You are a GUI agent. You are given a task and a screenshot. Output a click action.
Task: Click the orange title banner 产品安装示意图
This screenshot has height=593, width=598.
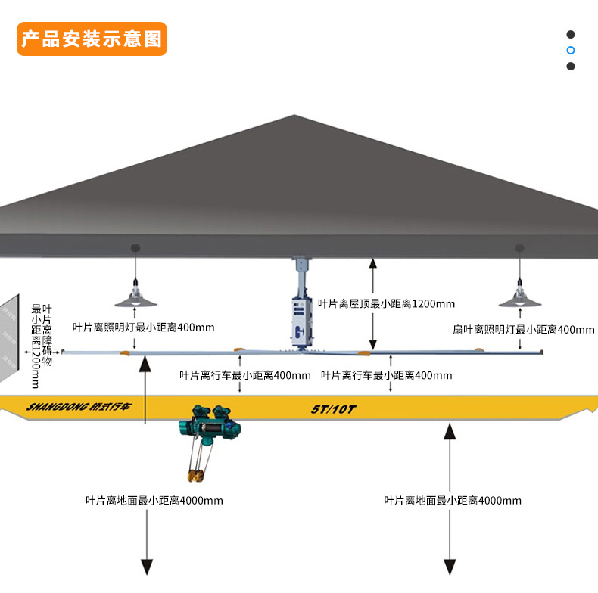92,39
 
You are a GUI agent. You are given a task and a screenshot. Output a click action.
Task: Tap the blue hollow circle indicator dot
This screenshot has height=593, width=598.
571,50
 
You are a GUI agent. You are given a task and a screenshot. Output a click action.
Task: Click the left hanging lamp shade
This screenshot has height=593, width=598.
135,300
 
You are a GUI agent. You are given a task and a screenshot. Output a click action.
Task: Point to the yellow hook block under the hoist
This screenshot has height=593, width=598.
195,475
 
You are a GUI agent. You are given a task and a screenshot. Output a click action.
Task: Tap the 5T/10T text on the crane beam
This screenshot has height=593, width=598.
333,409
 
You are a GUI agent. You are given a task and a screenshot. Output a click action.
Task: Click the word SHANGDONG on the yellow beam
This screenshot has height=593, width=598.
56,406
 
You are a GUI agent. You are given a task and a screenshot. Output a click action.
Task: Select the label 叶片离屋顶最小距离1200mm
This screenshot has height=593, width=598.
387,303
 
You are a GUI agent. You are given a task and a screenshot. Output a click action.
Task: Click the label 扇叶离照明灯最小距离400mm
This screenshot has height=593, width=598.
524,329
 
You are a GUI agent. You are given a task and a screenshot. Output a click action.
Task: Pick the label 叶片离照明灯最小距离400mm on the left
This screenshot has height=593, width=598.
144,328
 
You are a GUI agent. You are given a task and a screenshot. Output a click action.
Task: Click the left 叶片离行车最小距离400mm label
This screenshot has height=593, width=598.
244,374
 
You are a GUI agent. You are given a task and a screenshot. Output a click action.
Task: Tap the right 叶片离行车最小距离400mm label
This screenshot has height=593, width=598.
386,374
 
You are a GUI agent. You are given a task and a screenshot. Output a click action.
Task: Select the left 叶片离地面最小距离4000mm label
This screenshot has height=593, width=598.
154,500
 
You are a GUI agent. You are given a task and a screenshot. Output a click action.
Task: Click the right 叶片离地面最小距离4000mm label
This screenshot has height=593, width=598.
453,500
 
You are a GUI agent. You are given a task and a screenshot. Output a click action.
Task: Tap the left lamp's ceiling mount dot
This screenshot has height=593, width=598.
135,248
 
